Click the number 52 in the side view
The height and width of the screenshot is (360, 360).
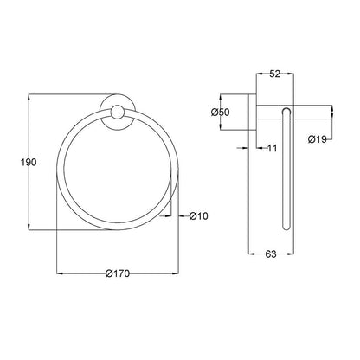(x=274, y=75)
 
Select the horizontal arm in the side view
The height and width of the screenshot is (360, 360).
(x=303, y=111)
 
